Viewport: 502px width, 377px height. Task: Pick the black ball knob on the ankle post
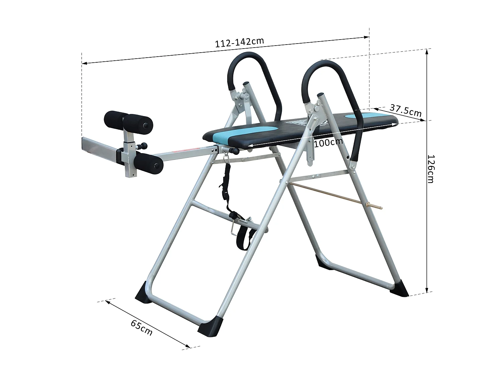[x=144, y=146]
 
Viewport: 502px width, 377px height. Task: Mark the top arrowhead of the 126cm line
[x=427, y=51]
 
